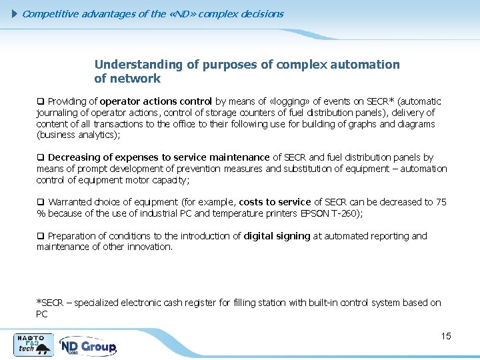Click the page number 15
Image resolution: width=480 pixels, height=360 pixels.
click(x=446, y=336)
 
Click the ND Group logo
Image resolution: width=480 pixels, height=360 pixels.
click(x=88, y=347)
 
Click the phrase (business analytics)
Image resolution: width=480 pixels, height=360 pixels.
click(x=79, y=135)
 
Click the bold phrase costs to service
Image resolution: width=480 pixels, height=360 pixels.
click(x=275, y=202)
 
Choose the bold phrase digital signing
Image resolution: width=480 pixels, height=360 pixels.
click(x=277, y=236)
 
